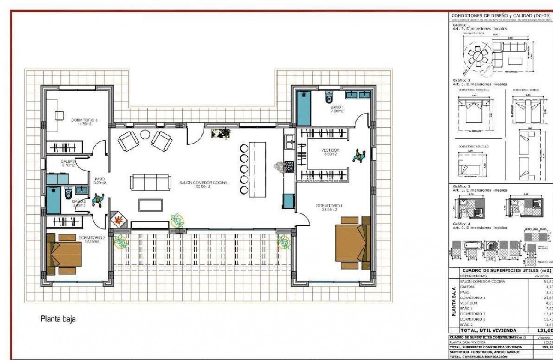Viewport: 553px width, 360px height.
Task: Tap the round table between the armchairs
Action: click(x=145, y=135)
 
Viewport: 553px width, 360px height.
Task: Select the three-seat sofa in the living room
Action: click(x=150, y=182)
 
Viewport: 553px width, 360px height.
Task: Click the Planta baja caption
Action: click(x=58, y=319)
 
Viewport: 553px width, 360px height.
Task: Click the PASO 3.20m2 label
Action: click(x=99, y=181)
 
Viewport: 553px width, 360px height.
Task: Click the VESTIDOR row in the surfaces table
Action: click(x=468, y=303)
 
